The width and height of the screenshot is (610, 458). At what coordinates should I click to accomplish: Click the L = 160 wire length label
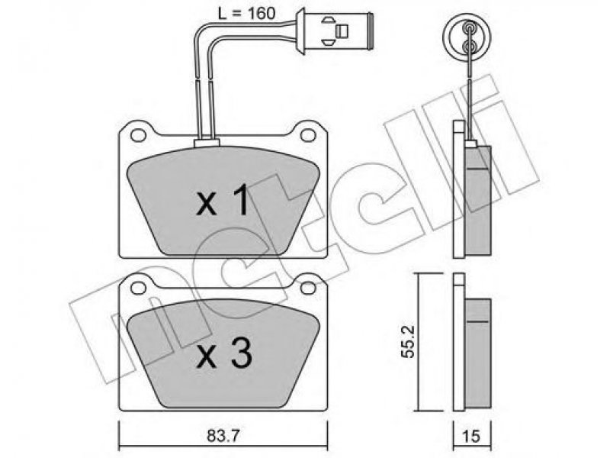coord(246,14)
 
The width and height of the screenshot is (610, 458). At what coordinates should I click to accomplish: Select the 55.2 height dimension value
coord(408,342)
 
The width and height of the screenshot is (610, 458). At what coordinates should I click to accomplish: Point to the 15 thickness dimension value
coord(471,436)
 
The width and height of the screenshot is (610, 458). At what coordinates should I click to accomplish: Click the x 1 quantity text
coord(222,200)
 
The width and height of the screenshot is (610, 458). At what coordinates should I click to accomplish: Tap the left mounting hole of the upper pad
coord(138,135)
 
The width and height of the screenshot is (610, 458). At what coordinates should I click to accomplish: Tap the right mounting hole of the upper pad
coord(308,135)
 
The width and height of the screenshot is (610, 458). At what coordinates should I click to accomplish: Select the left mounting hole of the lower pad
coord(138,288)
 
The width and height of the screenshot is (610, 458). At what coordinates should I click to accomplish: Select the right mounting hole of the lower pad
coord(308,288)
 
